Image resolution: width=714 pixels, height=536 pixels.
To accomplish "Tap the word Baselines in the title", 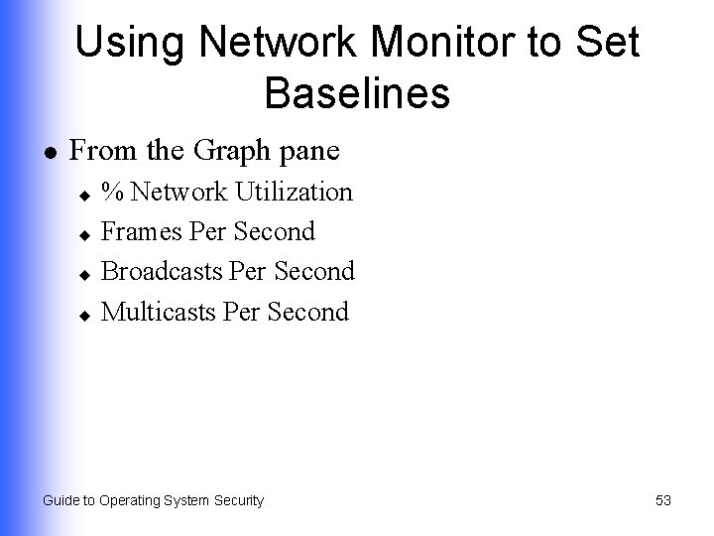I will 357,94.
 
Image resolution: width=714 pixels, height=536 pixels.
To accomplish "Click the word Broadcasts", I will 162,271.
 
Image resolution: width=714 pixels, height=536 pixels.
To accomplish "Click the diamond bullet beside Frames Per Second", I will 85,233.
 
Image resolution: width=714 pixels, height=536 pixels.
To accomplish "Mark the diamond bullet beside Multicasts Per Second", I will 85,313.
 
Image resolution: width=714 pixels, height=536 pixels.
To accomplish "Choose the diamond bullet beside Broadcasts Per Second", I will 85,273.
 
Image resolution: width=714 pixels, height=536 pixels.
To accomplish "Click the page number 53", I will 663,500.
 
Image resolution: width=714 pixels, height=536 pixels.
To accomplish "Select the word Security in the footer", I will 236,500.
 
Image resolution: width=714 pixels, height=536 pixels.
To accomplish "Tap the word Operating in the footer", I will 131,500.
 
